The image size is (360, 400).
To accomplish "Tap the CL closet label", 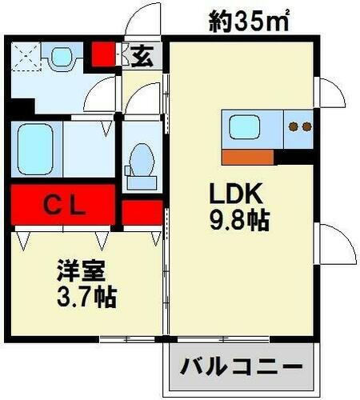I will (64, 205).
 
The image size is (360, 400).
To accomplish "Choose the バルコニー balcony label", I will (241, 369).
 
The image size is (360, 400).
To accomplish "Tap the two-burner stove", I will (298, 126).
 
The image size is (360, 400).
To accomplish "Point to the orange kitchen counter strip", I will (248, 156).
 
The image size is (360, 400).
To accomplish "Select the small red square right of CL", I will (141, 211).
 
